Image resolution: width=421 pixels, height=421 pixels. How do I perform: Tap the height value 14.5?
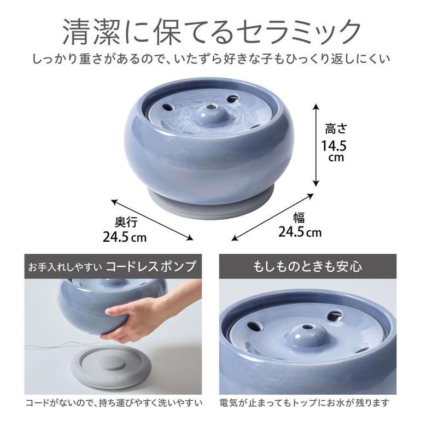334,146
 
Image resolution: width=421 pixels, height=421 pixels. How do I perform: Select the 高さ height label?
336,128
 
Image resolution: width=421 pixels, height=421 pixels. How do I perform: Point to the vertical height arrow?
316,145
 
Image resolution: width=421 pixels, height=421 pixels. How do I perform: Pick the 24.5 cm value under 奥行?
125,237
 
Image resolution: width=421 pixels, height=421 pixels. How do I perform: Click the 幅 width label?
299,218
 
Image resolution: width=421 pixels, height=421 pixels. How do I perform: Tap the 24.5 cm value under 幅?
300,232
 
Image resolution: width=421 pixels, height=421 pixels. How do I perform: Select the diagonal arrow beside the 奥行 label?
152,220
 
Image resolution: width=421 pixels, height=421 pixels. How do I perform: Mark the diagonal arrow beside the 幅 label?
272,217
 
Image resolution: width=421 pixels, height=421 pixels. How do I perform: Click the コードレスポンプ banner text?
150,266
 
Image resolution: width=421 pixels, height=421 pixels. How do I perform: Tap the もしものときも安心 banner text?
308,266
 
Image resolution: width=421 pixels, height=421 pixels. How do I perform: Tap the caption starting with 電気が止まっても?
305,403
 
